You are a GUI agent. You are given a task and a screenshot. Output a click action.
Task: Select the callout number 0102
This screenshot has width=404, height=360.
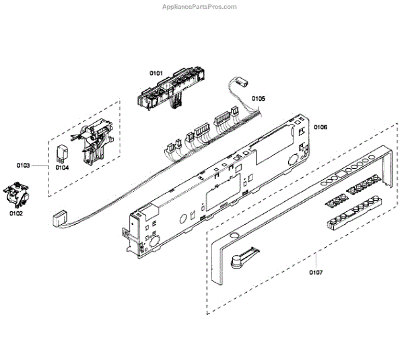[16, 214]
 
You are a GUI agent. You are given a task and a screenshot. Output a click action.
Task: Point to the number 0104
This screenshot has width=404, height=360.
[63, 168]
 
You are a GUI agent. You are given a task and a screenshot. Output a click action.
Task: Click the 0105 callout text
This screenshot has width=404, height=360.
[258, 98]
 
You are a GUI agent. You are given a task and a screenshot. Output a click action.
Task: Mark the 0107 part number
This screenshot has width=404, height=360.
[316, 272]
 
